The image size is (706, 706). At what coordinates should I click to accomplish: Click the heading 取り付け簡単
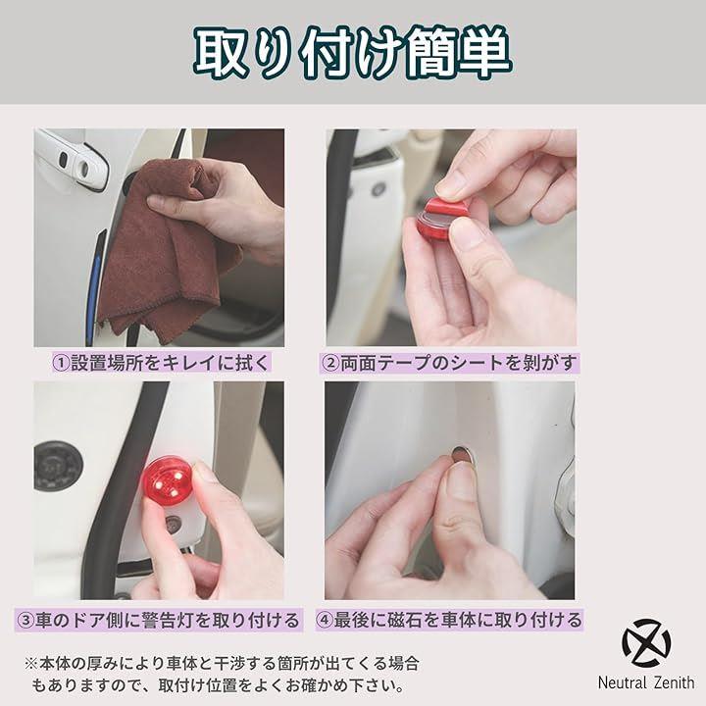(353, 53)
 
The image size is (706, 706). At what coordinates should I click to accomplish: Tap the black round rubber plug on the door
(58, 466)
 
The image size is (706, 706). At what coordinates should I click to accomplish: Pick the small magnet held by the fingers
(461, 456)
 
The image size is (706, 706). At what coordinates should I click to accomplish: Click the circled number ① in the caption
(62, 363)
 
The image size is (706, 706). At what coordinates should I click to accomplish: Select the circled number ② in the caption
(330, 363)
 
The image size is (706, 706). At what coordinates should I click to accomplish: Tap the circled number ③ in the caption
(25, 620)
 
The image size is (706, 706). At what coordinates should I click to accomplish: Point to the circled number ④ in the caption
(325, 620)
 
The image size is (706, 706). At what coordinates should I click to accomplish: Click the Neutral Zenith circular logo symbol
(646, 643)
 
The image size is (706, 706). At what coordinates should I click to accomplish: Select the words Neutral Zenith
(646, 682)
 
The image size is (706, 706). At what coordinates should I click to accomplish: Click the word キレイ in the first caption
(188, 363)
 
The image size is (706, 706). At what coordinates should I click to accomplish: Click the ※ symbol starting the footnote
(31, 663)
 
